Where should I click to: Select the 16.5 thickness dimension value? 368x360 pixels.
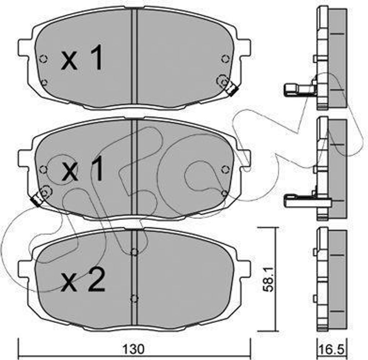coord(332,350)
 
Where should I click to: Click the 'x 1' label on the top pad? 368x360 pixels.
coord(82,58)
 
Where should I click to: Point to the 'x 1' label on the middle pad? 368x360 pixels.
coord(82,169)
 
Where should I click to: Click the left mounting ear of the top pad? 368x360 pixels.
coord(23,48)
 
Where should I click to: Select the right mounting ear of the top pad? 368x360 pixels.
coord(245,48)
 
